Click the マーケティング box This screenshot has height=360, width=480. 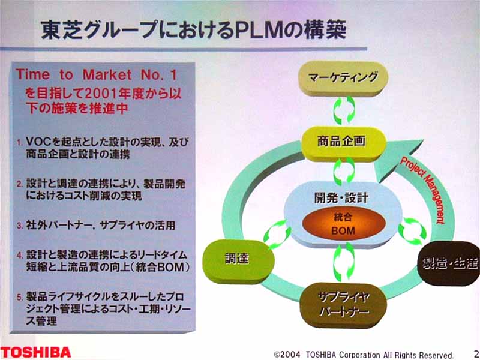click(343, 79)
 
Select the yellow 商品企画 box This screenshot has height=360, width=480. click(344, 143)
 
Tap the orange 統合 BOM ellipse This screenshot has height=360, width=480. click(343, 224)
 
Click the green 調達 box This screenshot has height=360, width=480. click(238, 261)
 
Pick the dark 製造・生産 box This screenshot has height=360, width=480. click(449, 264)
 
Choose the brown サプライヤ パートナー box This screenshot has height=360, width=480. click(343, 305)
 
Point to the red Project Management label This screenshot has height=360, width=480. click(422, 190)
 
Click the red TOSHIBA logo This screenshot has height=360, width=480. click(35, 352)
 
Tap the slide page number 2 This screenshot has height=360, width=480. click(476, 353)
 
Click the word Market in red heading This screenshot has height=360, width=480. click(107, 74)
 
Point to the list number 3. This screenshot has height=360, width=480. click(20, 226)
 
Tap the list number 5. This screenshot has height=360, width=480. click(20, 297)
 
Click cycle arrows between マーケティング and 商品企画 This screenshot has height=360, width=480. click(344, 110)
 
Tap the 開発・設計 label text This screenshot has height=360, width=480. click(341, 197)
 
